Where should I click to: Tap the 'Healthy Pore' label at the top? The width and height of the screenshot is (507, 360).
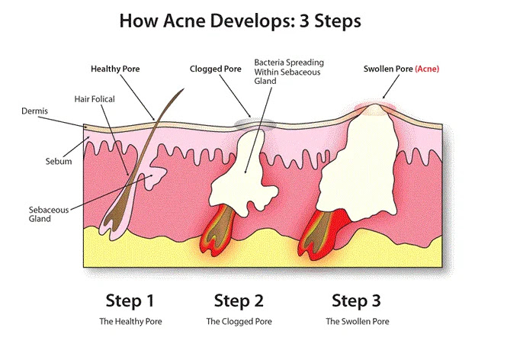pyautogui.click(x=114, y=69)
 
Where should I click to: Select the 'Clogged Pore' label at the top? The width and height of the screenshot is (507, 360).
pyautogui.click(x=215, y=69)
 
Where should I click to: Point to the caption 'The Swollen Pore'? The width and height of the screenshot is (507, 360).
pyautogui.click(x=357, y=322)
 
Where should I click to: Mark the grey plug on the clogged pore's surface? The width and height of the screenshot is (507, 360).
pyautogui.click(x=252, y=122)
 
